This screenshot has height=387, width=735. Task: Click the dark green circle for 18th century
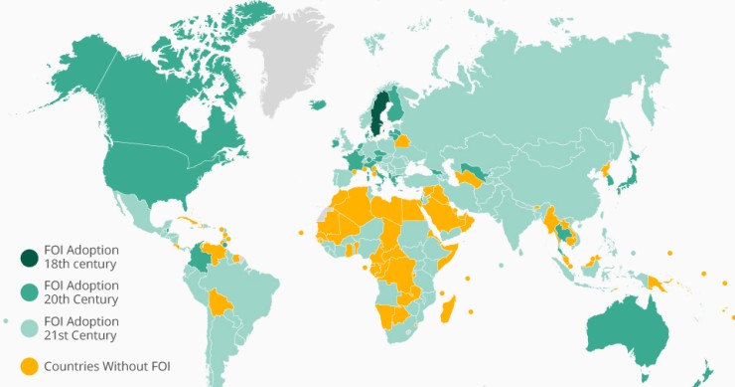point(30,257)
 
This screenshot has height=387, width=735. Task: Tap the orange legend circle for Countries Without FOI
point(30,365)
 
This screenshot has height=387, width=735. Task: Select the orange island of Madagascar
point(448,305)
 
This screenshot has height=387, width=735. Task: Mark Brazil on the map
point(258,289)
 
